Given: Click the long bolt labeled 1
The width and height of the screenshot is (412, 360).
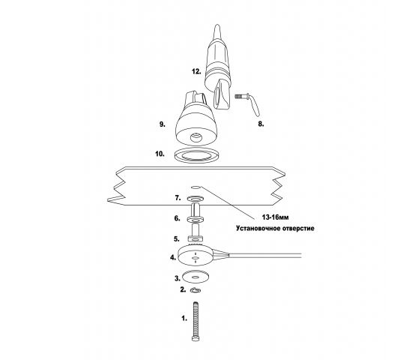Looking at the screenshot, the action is pyautogui.click(x=196, y=321).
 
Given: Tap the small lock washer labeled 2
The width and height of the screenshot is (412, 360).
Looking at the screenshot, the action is pyautogui.click(x=196, y=290).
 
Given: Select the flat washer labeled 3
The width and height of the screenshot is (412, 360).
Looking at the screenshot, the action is pyautogui.click(x=196, y=277).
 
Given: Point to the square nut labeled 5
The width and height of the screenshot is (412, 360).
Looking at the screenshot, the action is pyautogui.click(x=196, y=239).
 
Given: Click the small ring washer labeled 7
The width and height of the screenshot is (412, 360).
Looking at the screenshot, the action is pyautogui.click(x=196, y=198).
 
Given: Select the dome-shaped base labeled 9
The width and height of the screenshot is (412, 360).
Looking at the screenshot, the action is pyautogui.click(x=196, y=118).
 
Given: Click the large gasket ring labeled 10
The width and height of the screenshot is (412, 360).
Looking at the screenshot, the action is pyautogui.click(x=196, y=155).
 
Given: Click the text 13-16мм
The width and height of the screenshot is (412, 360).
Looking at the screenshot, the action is pyautogui.click(x=275, y=217).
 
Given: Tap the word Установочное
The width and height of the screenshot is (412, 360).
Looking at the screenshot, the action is pyautogui.click(x=258, y=228).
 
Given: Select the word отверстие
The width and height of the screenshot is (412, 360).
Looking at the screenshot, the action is pyautogui.click(x=298, y=228).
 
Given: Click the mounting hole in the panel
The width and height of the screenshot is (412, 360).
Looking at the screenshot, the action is pyautogui.click(x=196, y=187).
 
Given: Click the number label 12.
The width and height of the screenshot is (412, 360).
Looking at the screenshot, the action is pyautogui.click(x=196, y=71).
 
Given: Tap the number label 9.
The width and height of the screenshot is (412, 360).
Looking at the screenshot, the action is pyautogui.click(x=163, y=124).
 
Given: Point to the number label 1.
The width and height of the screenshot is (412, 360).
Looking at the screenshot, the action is pyautogui.click(x=184, y=319).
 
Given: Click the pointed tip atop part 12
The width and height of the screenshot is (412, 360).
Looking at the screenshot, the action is pyautogui.click(x=217, y=25).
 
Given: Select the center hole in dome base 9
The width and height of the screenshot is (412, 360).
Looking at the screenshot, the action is pyautogui.click(x=196, y=137).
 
